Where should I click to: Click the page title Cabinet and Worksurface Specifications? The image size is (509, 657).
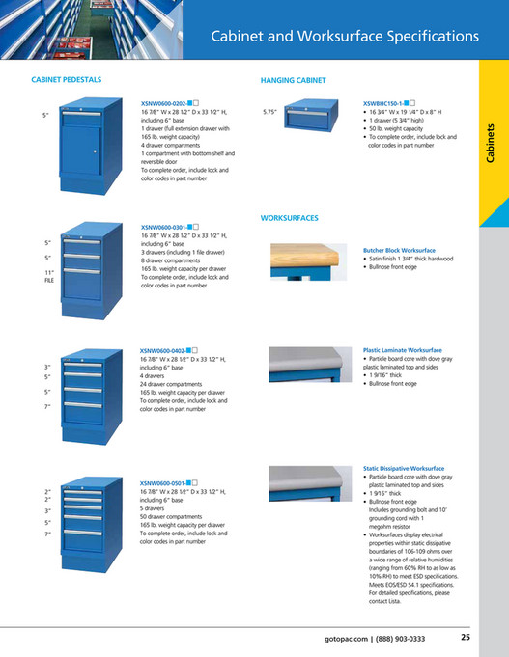pos(345,37)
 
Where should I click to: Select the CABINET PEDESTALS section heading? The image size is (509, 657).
pos(67,80)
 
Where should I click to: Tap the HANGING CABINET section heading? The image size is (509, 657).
pos(293,80)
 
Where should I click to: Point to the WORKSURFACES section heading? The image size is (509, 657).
pos(290,219)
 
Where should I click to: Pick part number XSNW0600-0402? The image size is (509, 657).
pos(163,351)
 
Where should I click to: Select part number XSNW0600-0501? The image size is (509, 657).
pos(163,481)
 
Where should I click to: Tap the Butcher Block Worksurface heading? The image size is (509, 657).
pos(399,249)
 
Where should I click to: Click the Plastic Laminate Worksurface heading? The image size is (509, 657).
pos(402,350)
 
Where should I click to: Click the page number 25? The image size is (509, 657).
pos(466,637)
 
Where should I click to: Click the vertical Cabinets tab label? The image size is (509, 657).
pos(490,146)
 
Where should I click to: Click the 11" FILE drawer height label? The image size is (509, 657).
pos(48,277)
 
